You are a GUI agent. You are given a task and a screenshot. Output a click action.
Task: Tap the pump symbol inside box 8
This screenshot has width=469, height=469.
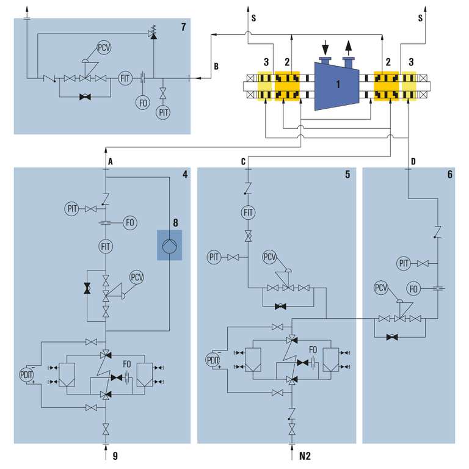coord(169,245)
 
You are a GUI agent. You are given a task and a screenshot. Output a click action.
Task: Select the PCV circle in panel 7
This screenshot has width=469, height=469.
coord(105,48)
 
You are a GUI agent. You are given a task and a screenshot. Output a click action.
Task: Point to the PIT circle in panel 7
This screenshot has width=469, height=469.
coord(163,112)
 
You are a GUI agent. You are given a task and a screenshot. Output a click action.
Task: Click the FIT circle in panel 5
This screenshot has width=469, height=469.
coord(248,213)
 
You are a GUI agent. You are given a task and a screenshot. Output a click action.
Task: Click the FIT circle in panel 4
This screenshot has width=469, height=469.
coord(106,247)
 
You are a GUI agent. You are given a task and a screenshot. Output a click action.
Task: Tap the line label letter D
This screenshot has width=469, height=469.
coord(413,161)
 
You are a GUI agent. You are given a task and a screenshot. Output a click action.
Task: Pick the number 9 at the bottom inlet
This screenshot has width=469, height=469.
coord(115,455)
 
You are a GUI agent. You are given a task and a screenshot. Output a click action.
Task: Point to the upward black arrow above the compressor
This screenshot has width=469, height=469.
coord(349,46)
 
